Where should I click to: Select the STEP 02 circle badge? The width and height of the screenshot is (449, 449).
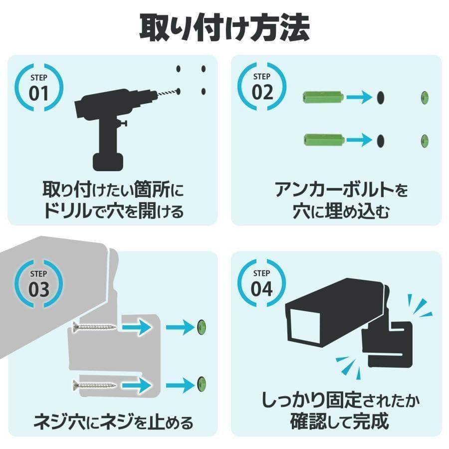point(262,85)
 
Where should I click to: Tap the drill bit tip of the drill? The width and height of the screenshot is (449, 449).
point(177,91)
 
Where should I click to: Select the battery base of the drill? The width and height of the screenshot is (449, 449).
point(108,161)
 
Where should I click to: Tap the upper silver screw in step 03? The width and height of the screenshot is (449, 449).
point(94,328)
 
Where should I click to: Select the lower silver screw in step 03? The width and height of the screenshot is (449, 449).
point(94,384)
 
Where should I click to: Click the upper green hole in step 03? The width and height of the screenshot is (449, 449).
point(202,327)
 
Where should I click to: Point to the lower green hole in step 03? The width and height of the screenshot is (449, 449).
point(202,384)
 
